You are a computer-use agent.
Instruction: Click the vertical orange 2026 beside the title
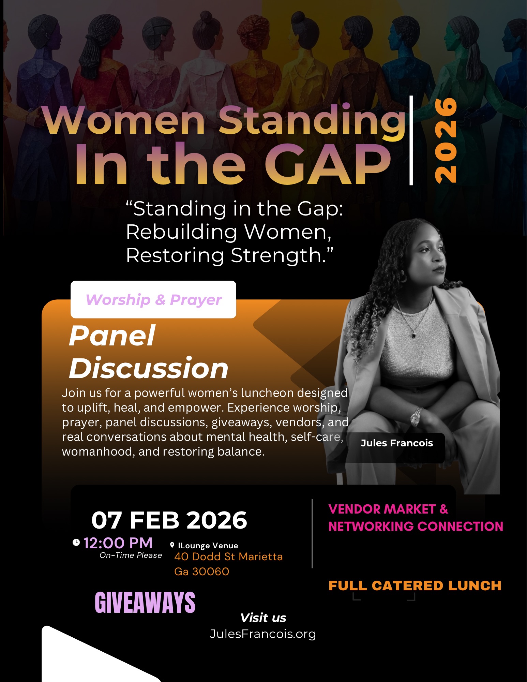(446, 140)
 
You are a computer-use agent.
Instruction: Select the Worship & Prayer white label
(153, 299)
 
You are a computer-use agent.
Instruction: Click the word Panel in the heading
(112, 336)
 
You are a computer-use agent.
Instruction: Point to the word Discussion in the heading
(149, 368)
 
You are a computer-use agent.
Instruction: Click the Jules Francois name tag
(397, 443)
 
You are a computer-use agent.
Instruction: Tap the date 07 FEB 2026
(169, 520)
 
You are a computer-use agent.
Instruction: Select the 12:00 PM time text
(118, 543)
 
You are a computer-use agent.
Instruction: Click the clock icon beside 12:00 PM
(76, 542)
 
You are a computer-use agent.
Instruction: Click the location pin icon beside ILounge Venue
(172, 545)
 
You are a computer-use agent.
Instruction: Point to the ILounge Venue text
(208, 546)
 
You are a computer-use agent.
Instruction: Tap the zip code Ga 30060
(202, 572)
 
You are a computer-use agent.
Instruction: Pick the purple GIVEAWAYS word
(145, 603)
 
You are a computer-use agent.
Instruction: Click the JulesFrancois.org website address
(263, 634)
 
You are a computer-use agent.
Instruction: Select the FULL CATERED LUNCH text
(415, 585)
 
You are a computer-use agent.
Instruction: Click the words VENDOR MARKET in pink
(382, 509)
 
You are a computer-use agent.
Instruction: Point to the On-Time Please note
(131, 555)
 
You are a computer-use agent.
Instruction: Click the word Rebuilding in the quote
(182, 232)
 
